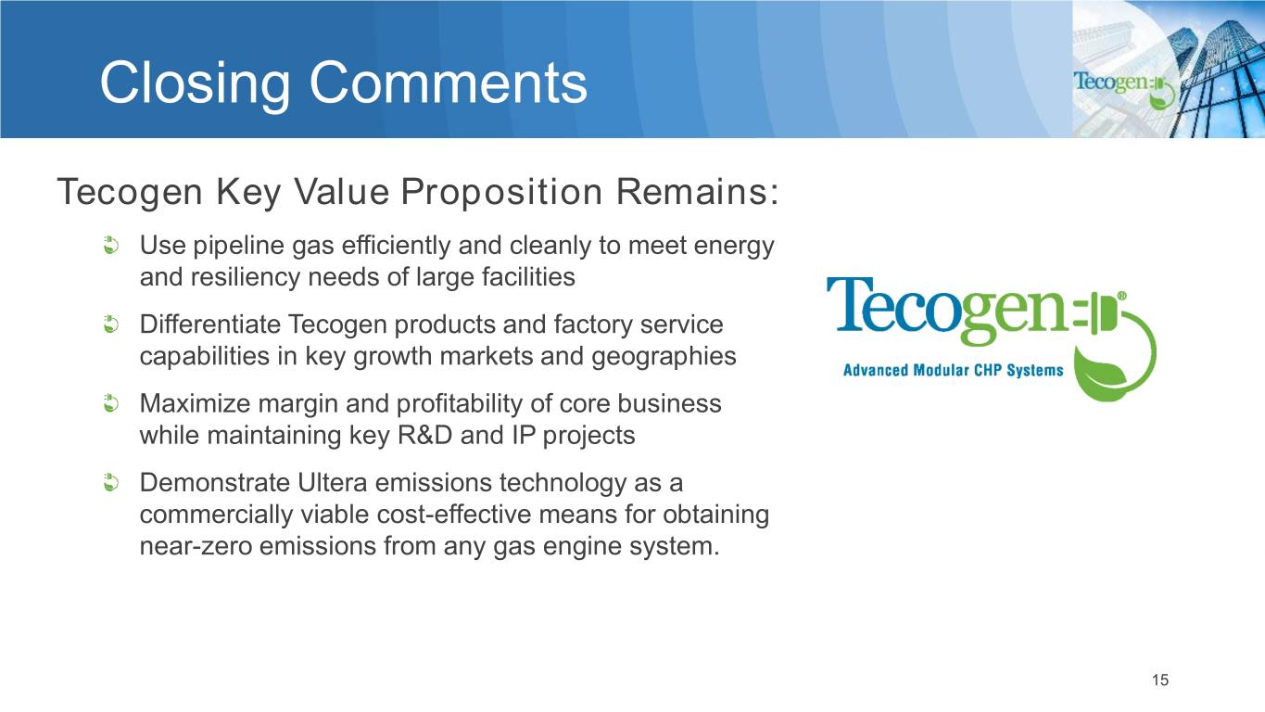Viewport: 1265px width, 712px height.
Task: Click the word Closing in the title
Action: (195, 83)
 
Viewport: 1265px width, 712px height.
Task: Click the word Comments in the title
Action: (449, 83)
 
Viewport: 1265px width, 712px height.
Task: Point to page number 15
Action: (1160, 680)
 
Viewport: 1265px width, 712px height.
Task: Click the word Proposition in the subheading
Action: (501, 192)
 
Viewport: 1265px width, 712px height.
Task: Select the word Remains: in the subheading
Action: (698, 191)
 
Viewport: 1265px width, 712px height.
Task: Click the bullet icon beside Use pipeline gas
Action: (111, 246)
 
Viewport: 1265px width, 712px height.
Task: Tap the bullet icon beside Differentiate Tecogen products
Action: (111, 324)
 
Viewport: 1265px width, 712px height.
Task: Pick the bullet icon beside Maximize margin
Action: (111, 403)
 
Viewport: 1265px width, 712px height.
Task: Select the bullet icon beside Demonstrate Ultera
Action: (111, 483)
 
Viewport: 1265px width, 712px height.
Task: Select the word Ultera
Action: (332, 483)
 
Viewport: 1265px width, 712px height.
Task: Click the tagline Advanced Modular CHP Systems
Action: (954, 371)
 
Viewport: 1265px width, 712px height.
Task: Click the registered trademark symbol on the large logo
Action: (1121, 296)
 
